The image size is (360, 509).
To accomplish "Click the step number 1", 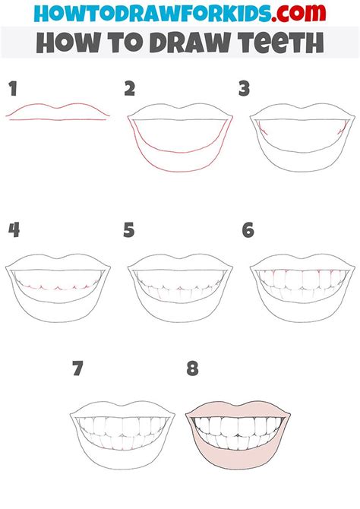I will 12,90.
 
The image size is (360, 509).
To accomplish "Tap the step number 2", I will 130,90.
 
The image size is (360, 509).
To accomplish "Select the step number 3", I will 244,90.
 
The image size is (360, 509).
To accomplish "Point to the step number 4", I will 13,230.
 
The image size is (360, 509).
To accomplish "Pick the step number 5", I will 129,230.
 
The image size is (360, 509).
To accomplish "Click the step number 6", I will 247,230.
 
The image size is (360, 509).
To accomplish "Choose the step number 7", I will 77,370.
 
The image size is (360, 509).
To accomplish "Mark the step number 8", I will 192,370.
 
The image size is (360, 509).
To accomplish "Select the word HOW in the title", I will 61,43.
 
